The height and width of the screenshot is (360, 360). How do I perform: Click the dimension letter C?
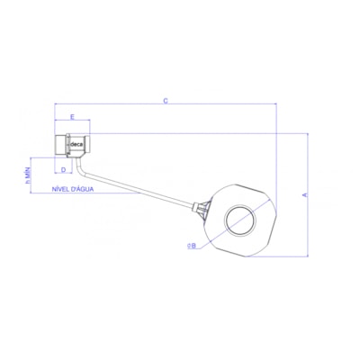coord(166,100)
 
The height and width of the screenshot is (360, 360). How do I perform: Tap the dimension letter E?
coord(72,116)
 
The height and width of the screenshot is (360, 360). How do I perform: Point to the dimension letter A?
coord(303,193)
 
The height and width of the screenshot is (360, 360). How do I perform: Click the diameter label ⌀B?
coord(192,244)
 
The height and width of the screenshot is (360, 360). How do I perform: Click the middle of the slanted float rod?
coord(139,193)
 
